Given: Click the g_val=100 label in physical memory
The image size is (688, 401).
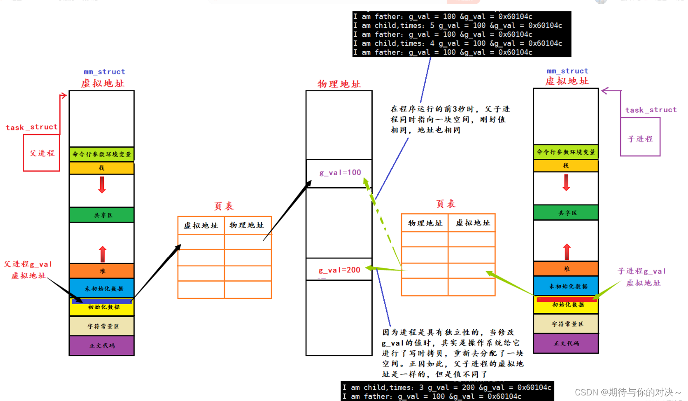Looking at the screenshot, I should tap(340, 173).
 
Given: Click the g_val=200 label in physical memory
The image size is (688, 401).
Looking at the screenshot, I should tap(340, 270).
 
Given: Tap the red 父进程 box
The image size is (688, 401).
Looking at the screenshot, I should tap(42, 153).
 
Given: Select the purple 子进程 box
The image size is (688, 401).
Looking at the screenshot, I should tap(640, 138).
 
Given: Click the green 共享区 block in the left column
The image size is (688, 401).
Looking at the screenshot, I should tap(102, 215).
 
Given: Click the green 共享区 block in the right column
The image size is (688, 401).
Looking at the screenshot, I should tap(566, 213).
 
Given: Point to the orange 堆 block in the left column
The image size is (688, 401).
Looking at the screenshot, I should tap(102, 271).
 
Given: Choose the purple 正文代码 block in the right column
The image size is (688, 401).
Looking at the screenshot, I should tap(566, 343).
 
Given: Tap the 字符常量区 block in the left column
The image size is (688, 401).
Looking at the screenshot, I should tap(102, 326).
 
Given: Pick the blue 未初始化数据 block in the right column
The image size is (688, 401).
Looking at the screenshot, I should tap(566, 286).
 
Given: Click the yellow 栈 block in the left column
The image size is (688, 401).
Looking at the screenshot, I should tap(102, 168).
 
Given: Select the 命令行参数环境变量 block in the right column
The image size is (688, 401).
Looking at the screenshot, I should tap(566, 152).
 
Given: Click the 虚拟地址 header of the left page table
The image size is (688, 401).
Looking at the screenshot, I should tap(201, 225).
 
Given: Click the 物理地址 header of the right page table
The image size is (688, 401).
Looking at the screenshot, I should tap(425, 224).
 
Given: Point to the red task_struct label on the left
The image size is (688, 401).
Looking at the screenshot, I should tap(32, 127).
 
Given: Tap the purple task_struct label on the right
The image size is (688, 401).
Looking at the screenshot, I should tap(651, 110).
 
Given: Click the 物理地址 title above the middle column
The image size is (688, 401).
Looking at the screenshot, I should tap(339, 84).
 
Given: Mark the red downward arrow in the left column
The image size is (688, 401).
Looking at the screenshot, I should tap(102, 185).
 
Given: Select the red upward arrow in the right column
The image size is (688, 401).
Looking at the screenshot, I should tap(566, 251).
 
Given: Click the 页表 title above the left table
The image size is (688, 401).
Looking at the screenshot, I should tap(224, 206).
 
